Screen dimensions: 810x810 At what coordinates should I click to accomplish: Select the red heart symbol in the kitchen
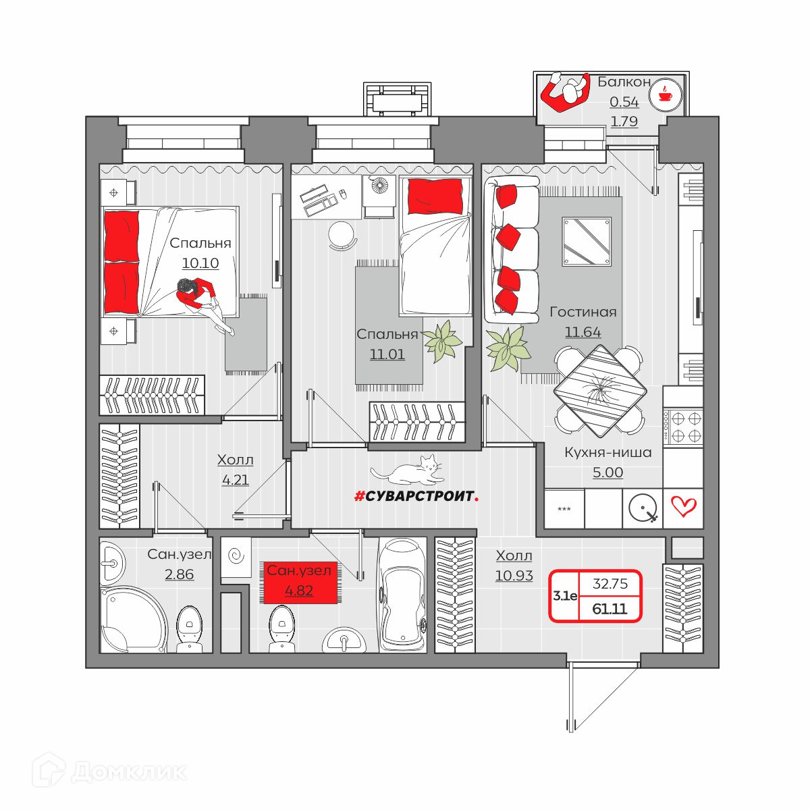click(684, 506)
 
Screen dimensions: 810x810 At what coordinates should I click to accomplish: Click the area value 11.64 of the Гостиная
click(583, 332)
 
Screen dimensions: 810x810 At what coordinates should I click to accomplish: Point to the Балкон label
click(624, 82)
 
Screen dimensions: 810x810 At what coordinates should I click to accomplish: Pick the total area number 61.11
click(610, 609)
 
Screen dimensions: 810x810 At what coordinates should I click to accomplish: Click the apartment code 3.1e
click(565, 595)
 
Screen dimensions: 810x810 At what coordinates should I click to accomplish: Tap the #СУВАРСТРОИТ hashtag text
click(416, 496)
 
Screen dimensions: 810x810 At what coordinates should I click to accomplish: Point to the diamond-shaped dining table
click(600, 391)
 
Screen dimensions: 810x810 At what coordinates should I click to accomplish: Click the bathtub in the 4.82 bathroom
click(402, 595)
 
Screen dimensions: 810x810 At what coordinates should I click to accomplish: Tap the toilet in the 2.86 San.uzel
click(190, 629)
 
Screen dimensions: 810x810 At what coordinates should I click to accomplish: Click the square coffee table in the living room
click(587, 241)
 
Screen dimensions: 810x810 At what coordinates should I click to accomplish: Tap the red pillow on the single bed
click(435, 196)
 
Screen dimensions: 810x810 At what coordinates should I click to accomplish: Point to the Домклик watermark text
click(129, 772)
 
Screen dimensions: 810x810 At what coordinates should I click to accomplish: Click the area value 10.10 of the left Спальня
click(200, 263)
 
